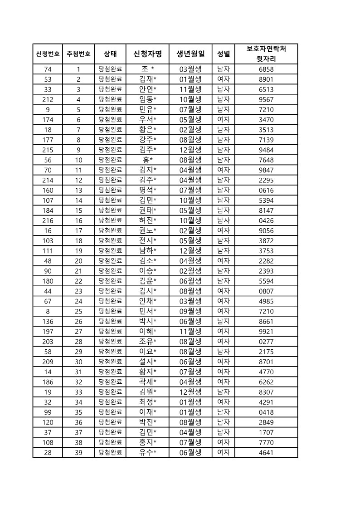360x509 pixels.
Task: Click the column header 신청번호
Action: click(x=48, y=54)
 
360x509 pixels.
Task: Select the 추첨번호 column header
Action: click(x=78, y=54)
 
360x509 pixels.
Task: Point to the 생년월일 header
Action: click(x=190, y=54)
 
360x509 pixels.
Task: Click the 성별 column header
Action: click(x=223, y=54)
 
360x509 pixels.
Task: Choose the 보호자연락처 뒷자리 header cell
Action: click(x=266, y=54)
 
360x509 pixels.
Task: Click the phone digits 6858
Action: click(x=266, y=69)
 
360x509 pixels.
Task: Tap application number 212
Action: click(x=48, y=99)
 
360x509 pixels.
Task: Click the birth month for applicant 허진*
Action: click(x=190, y=220)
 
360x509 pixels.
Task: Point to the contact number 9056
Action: click(x=266, y=230)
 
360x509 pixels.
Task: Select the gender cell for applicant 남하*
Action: click(x=223, y=250)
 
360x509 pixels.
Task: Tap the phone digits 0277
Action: click(x=266, y=341)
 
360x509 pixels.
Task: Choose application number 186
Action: click(x=48, y=382)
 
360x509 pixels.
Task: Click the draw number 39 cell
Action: click(x=78, y=452)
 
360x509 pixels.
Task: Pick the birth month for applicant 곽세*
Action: click(x=190, y=382)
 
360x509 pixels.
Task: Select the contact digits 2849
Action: click(x=266, y=422)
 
